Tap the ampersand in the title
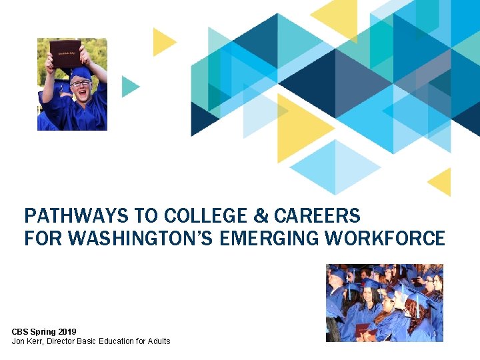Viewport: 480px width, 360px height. point(261,216)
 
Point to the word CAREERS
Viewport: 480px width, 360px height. point(317,216)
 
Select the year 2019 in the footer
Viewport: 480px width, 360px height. point(67,331)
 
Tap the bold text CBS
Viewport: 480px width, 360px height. point(21,331)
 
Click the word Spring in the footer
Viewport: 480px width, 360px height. point(43,331)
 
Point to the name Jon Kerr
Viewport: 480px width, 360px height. point(27,341)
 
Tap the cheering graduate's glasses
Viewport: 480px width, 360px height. point(80,83)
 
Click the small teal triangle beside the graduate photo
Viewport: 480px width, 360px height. point(129,86)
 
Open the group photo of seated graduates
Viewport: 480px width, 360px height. point(384,303)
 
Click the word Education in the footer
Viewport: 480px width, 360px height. point(121,341)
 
